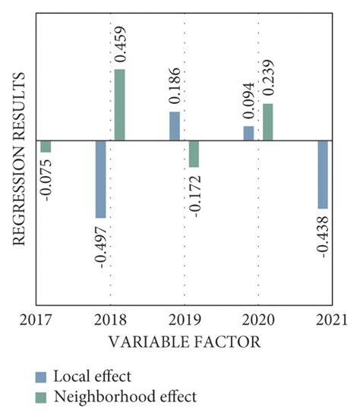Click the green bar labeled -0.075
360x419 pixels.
pos(46,146)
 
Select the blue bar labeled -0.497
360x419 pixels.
pos(100,179)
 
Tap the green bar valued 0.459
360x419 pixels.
pos(119,105)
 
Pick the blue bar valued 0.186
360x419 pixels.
pos(175,126)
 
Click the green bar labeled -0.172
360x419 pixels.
pos(194,153)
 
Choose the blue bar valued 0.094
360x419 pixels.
pos(248,133)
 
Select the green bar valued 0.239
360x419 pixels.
pos(267,122)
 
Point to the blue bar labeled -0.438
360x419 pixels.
pos(323,175)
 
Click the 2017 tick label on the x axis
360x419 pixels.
pos(36,317)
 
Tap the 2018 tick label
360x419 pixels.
pos(110,317)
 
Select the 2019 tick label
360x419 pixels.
pos(185,317)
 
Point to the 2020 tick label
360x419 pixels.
pos(258,317)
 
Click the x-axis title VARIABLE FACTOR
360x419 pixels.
pos(185,342)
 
